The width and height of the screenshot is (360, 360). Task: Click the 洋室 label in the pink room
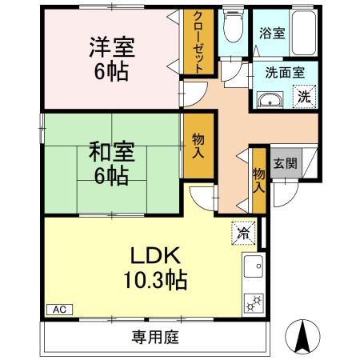111,46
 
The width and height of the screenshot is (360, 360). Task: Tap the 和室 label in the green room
111,150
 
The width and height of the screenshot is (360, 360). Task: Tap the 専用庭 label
154,338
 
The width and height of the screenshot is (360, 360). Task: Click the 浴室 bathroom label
271,34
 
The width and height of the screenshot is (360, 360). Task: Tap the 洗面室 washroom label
285,72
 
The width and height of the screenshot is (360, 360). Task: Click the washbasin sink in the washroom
270,99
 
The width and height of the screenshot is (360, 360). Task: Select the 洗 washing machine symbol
305,98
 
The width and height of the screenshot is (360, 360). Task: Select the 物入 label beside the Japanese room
198,146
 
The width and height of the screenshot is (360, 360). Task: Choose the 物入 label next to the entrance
258,179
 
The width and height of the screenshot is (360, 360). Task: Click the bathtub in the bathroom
303,32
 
